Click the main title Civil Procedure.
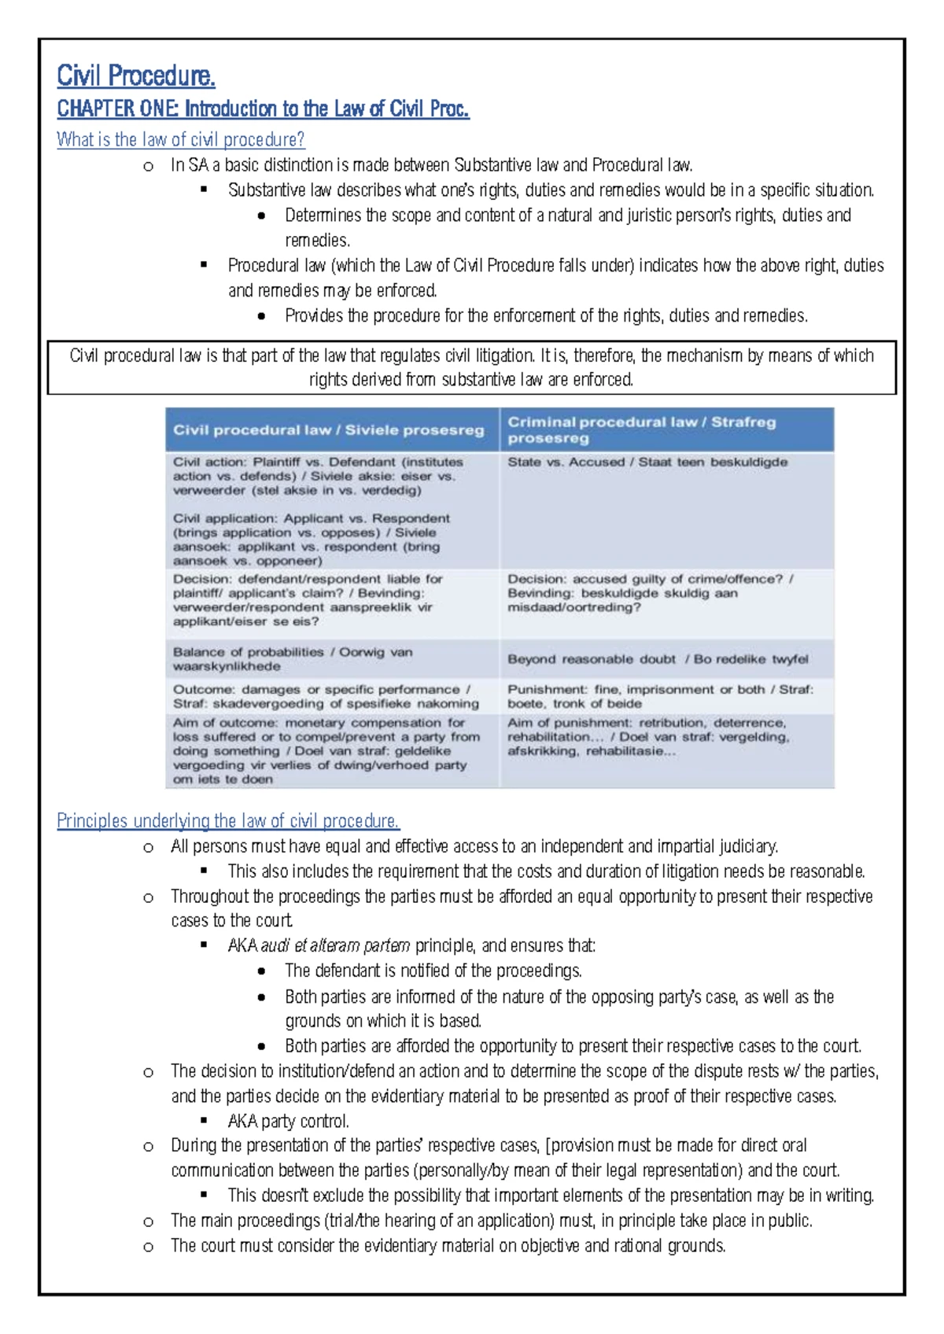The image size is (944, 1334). [x=135, y=76]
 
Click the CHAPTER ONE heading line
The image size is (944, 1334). [x=263, y=109]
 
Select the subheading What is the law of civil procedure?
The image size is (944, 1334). [x=180, y=140]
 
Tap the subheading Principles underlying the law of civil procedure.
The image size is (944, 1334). [x=227, y=821]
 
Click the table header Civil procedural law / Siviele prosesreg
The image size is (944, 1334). [x=329, y=430]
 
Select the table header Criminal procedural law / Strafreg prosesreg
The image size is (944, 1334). [x=641, y=430]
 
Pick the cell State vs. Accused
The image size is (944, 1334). [x=647, y=462]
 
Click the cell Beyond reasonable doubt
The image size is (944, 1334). [x=657, y=659]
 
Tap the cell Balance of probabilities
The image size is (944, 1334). [x=292, y=659]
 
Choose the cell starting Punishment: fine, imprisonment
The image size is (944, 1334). [x=659, y=696]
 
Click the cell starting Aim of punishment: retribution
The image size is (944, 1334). [x=647, y=737]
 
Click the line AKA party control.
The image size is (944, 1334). [x=288, y=1122]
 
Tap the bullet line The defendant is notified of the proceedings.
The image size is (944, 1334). [x=433, y=971]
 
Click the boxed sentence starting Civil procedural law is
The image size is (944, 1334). [x=471, y=367]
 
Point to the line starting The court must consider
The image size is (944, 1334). [x=448, y=1246]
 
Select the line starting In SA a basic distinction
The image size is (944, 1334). [x=431, y=165]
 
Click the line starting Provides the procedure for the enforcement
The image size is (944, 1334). [x=546, y=316]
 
